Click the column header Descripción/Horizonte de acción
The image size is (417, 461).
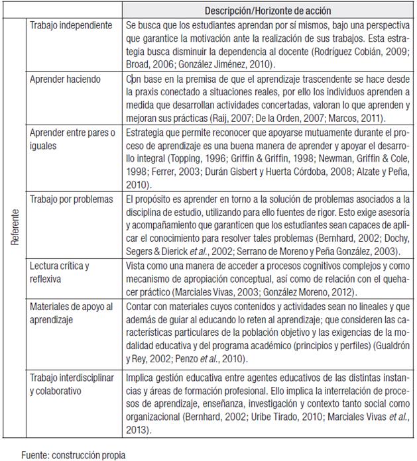(x=268, y=11)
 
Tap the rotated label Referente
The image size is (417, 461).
(x=14, y=227)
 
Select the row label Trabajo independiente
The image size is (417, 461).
(x=71, y=25)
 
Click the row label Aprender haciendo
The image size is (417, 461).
(x=65, y=79)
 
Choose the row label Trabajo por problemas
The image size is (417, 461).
(x=71, y=199)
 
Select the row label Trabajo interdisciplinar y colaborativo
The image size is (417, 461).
(x=73, y=384)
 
